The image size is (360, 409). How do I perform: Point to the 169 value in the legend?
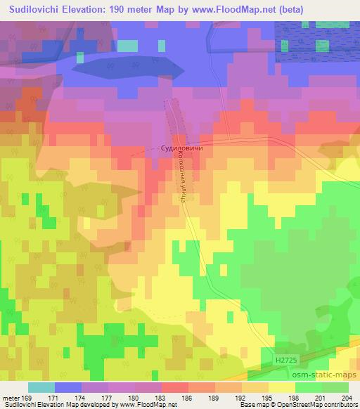click(27, 398)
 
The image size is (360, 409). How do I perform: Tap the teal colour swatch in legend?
click(41, 387)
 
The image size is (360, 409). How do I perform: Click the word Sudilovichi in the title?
click(37, 10)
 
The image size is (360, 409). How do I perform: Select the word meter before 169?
click(10, 398)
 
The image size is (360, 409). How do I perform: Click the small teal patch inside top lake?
click(128, 46)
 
